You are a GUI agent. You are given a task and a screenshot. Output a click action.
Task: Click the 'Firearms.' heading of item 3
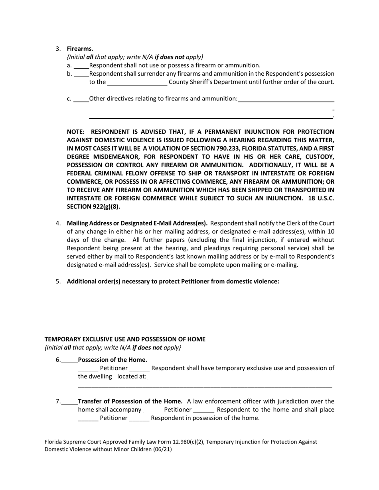(x=80, y=49)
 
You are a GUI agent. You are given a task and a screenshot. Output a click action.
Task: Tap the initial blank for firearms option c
(x=81, y=99)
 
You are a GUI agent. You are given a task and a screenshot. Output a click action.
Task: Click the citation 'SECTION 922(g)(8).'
(x=93, y=207)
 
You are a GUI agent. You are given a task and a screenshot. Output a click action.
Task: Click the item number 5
(x=58, y=281)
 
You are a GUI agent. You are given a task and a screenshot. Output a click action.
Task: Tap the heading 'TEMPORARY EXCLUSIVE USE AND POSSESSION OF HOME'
(x=125, y=339)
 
